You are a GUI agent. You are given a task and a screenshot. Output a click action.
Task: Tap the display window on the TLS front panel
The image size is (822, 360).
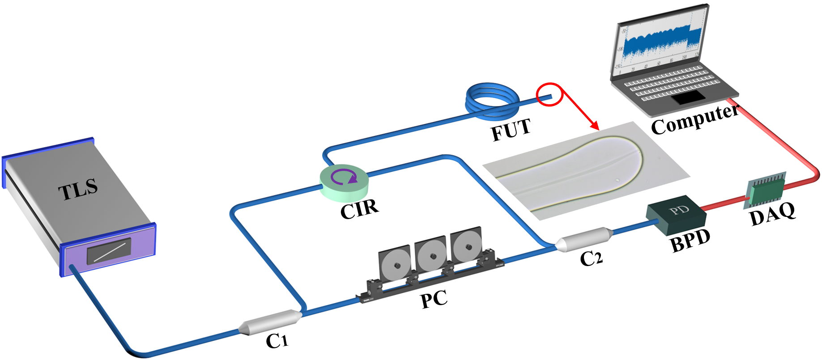109,251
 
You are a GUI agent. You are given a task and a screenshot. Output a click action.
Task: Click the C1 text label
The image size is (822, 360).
277,341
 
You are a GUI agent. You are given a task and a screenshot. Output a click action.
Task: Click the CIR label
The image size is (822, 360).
359,208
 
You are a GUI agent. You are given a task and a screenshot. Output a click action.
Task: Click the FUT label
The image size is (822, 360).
511,130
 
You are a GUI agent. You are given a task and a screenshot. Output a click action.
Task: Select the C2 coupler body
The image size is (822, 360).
584,239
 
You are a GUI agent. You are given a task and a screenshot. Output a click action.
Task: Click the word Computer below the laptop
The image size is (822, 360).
694,119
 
